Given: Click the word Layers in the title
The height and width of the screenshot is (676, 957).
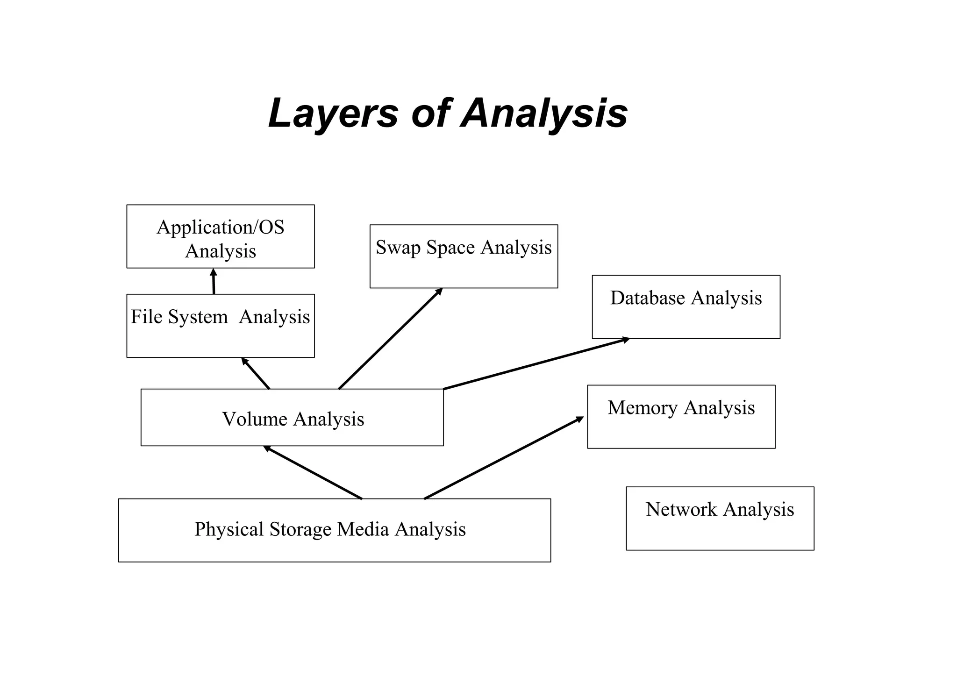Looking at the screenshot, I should point(333,114).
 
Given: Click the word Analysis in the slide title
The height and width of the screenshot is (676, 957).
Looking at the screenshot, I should point(544,114).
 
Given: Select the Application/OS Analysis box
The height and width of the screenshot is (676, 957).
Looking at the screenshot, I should point(220,236).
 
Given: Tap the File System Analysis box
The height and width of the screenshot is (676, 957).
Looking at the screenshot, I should point(220,326).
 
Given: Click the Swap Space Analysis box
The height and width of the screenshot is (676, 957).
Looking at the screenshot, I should point(464,256).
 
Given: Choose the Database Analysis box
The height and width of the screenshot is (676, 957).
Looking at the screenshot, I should point(686,307).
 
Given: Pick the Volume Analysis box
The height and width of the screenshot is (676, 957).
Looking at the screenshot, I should point(292,418).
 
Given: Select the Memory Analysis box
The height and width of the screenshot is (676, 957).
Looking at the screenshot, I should point(681,417).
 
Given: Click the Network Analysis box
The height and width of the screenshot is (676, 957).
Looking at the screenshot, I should point(720,519).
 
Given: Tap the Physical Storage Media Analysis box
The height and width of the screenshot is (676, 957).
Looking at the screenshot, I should point(334,530).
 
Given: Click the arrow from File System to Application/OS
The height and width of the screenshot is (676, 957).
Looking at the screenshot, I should point(214,282).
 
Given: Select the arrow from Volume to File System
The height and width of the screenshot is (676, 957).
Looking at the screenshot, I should point(256,373).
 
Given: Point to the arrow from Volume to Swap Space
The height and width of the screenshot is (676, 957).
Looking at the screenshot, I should point(390,339).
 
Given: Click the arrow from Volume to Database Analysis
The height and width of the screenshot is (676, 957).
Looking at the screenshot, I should point(536,363).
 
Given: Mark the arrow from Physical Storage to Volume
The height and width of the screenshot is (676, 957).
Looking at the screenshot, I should point(313,473).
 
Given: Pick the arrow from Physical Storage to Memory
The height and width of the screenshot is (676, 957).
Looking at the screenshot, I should point(504,458).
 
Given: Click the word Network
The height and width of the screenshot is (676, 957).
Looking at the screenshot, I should point(681,509).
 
